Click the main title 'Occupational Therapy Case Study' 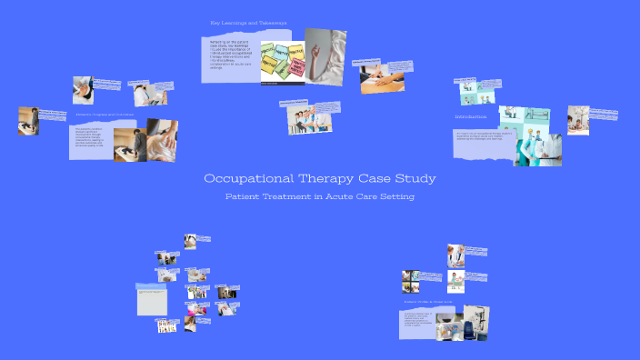pyautogui.click(x=320, y=179)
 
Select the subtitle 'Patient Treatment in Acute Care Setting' pyautogui.click(x=320, y=196)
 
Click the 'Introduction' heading pyautogui.click(x=471, y=117)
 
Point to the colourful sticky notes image pyautogui.click(x=283, y=64)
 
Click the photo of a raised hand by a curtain pyautogui.click(x=325, y=56)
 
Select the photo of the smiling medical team pyautogui.click(x=301, y=119)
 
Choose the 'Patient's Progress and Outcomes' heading pyautogui.click(x=105, y=115)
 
